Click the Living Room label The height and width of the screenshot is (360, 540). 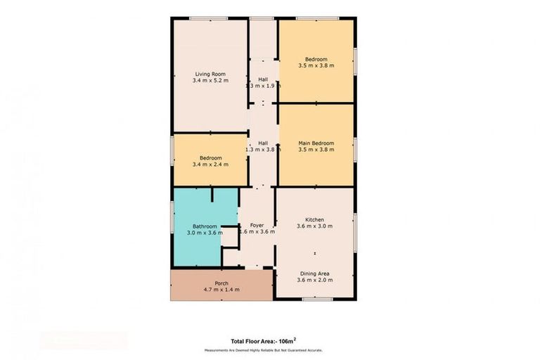pyautogui.click(x=210, y=73)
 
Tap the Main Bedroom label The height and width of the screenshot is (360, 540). pyautogui.click(x=315, y=143)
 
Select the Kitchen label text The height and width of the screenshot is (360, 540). pyautogui.click(x=314, y=219)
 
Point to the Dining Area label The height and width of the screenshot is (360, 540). pyautogui.click(x=314, y=273)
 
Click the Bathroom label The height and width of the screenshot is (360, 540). pyautogui.click(x=205, y=226)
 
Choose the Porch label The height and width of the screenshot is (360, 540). pyautogui.click(x=221, y=283)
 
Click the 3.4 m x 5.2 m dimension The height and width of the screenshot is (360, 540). pyautogui.click(x=210, y=80)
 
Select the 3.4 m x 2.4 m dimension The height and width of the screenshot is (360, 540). pyautogui.click(x=210, y=165)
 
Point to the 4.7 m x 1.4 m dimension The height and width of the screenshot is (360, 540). pyautogui.click(x=221, y=290)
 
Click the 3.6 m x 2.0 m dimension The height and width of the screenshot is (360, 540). pyautogui.click(x=314, y=280)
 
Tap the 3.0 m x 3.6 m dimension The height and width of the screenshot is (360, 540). pyautogui.click(x=205, y=233)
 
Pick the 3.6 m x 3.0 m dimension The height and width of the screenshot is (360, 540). pyautogui.click(x=314, y=226)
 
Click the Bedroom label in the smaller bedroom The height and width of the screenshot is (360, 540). pyautogui.click(x=210, y=157)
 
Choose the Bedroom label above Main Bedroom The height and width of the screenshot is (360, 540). pyautogui.click(x=315, y=58)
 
